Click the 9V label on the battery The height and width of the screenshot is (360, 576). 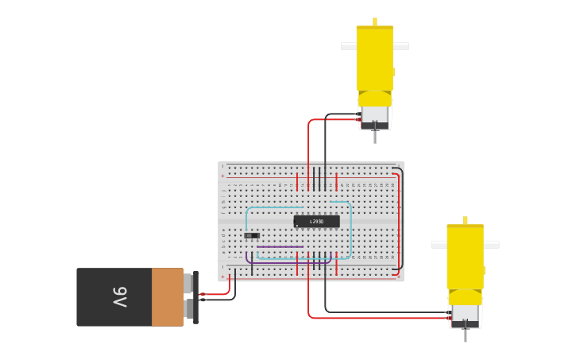click(119, 297)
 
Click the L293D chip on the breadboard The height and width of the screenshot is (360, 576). click(316, 221)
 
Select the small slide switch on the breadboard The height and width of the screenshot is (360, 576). click(251, 235)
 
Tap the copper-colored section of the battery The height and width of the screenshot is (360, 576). click(168, 297)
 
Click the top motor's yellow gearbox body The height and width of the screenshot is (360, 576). click(374, 60)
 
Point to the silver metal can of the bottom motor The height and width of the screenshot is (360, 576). click(465, 312)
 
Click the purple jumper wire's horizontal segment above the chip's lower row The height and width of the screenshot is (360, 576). click(278, 246)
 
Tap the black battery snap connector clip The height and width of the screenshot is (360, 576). click(195, 297)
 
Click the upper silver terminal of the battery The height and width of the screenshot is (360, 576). click(188, 284)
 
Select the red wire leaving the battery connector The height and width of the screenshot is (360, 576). click(216, 293)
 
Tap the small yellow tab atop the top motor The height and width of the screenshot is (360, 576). click(375, 21)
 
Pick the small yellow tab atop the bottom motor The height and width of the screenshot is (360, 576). click(466, 220)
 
